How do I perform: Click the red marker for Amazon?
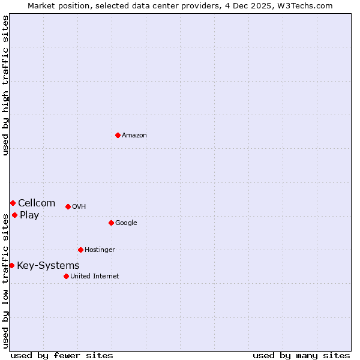pyautogui.click(x=118, y=135)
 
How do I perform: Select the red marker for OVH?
pyautogui.click(x=68, y=206)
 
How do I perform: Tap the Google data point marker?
pyautogui.click(x=111, y=223)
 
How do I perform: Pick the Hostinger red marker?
pyautogui.click(x=80, y=250)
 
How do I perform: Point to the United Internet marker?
pyautogui.click(x=66, y=276)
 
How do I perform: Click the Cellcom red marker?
pyautogui.click(x=13, y=203)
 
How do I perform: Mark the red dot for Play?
pyautogui.click(x=14, y=215)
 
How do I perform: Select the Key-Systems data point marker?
pyautogui.click(x=11, y=265)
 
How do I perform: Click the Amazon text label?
pyautogui.click(x=134, y=136)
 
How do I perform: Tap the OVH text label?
pyautogui.click(x=79, y=207)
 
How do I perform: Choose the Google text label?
pyautogui.click(x=126, y=223)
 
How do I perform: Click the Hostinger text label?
pyautogui.click(x=100, y=250)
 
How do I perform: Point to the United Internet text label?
pyautogui.click(x=95, y=277)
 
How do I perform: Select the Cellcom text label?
pyautogui.click(x=37, y=203)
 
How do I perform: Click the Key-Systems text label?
pyautogui.click(x=48, y=266)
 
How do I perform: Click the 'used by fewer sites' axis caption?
pyautogui.click(x=62, y=355)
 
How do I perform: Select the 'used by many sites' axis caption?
pyautogui.click(x=301, y=355)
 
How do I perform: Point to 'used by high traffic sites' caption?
pyautogui.click(x=6, y=85)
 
